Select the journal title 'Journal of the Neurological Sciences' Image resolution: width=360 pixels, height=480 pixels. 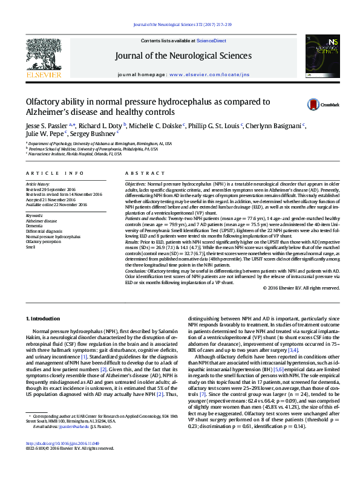click(x=180, y=56)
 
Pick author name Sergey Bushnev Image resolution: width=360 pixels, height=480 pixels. click(x=94, y=134)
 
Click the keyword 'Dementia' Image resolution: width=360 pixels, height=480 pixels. click(x=34, y=226)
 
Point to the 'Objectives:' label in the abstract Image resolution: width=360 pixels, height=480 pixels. click(x=135, y=183)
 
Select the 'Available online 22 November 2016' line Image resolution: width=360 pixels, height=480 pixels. click(x=56, y=204)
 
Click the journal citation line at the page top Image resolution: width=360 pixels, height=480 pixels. click(x=180, y=24)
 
